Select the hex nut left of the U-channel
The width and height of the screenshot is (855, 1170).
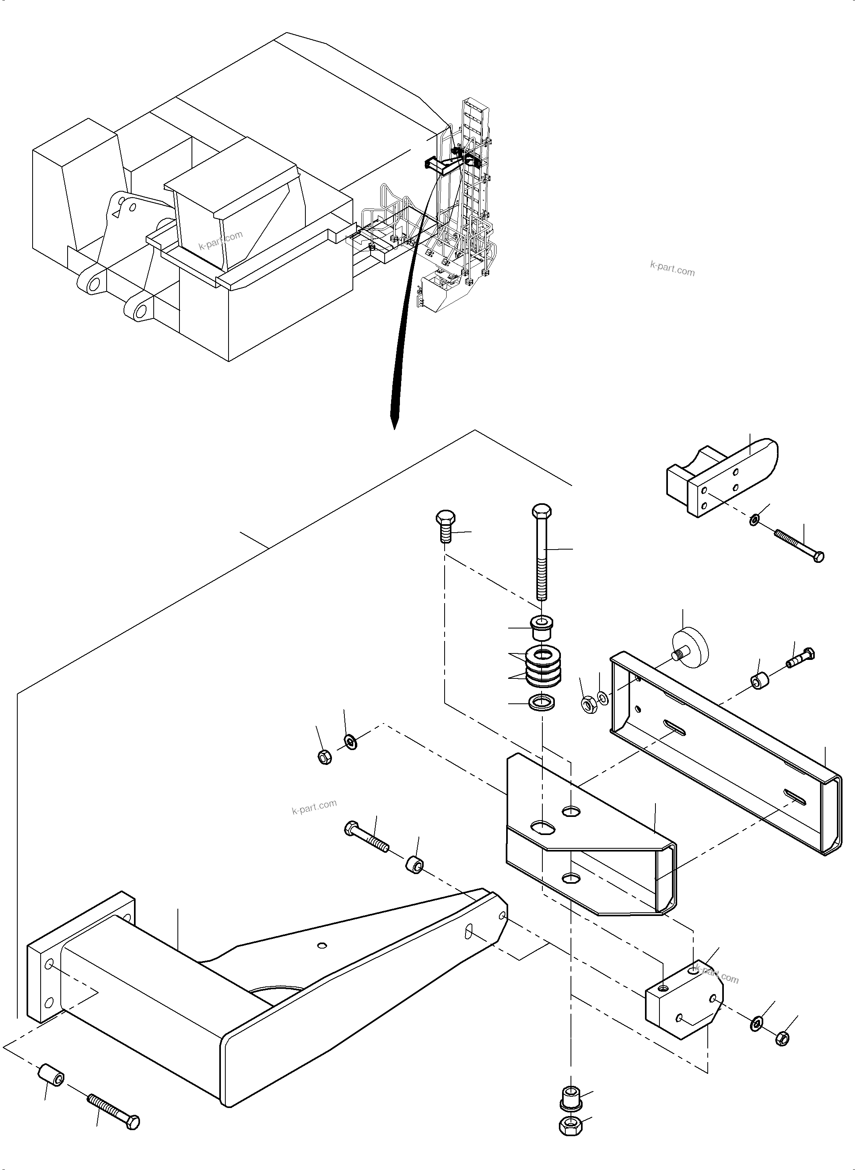pos(589,705)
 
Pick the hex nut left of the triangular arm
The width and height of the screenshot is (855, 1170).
pos(325,758)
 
